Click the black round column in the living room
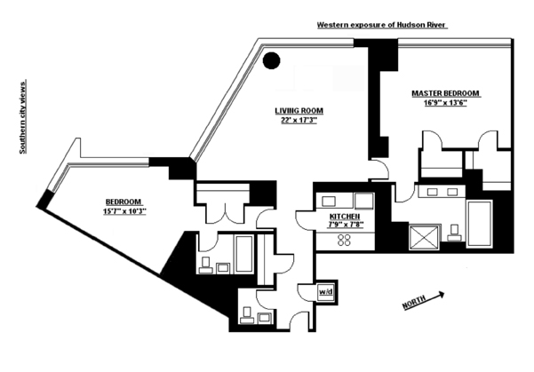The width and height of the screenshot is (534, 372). tap(272, 60)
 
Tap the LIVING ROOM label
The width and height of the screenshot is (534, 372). tap(299, 111)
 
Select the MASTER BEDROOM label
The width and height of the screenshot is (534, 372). tap(445, 93)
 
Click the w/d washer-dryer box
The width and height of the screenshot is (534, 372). tap(326, 291)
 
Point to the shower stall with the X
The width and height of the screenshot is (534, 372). tap(421, 236)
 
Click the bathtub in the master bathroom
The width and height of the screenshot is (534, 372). tap(479, 223)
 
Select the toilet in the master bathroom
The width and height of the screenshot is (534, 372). tap(454, 233)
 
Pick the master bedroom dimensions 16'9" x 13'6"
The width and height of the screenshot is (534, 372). tap(446, 104)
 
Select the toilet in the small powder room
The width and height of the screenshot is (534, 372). tap(246, 313)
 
